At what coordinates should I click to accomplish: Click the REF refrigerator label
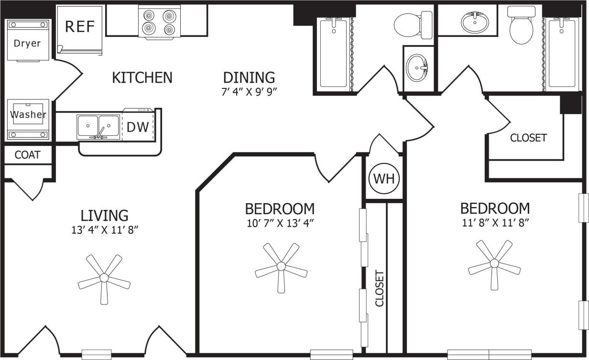(80, 27)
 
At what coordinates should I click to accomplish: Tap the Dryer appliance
(27, 43)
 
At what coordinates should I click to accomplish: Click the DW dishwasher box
(138, 127)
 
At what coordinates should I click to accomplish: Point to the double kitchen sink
(98, 127)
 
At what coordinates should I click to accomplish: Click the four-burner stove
(159, 22)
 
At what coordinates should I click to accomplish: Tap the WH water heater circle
(384, 179)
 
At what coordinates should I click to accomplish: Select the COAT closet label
(27, 155)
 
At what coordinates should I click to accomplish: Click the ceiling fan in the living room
(104, 278)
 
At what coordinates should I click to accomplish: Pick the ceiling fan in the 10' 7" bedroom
(281, 267)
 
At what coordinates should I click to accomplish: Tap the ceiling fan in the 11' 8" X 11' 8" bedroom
(494, 263)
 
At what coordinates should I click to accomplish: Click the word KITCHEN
(142, 77)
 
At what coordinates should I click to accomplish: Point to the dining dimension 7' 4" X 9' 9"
(249, 92)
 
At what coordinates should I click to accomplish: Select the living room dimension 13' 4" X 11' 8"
(104, 230)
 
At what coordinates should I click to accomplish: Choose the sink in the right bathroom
(475, 22)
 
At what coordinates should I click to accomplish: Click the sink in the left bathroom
(417, 68)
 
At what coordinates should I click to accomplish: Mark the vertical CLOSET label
(380, 288)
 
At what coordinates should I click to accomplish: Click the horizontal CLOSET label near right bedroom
(528, 138)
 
